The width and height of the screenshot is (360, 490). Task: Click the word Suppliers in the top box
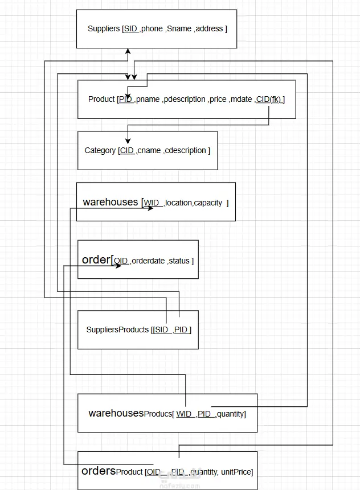pos(104,28)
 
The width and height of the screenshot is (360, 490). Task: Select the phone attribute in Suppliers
pos(152,28)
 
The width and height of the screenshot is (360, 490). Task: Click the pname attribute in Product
pos(148,99)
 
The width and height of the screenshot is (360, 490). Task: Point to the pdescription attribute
pos(185,99)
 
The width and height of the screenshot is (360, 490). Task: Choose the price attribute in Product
pos(218,99)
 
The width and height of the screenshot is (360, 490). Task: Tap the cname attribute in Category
pos(149,150)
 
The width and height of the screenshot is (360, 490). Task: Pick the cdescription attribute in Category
pos(186,150)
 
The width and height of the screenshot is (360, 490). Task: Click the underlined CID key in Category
pos(126,150)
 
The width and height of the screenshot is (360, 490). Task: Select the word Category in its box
pos(100,150)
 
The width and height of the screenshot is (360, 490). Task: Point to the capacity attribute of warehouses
pos(208,203)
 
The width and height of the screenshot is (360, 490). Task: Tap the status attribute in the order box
pos(179,261)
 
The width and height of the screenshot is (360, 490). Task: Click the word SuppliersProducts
pos(117,330)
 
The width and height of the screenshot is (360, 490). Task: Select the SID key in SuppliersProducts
pos(161,330)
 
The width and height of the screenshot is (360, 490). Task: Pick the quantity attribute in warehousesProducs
pos(231,414)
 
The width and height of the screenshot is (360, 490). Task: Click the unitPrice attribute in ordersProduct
pos(236,472)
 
